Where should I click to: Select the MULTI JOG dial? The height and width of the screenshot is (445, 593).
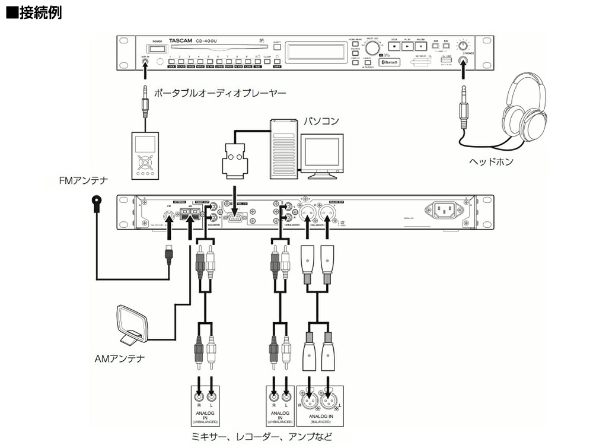[372, 47]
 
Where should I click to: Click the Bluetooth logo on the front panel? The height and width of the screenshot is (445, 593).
[390, 62]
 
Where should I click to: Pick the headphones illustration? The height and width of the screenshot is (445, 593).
[525, 113]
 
